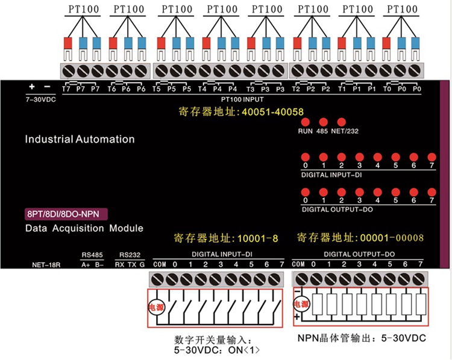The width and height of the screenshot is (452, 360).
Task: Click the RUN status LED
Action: click(x=305, y=122)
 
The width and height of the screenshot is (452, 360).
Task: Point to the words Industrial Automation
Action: click(x=80, y=139)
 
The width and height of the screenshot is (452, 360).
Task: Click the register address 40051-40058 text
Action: click(x=241, y=112)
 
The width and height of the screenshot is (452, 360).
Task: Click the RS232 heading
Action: click(x=130, y=255)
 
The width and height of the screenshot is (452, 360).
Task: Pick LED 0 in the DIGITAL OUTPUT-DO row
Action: click(x=306, y=191)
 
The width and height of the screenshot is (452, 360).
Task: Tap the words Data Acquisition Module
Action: click(x=84, y=229)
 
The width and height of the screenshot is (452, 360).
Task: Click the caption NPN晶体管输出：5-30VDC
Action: click(x=362, y=338)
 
